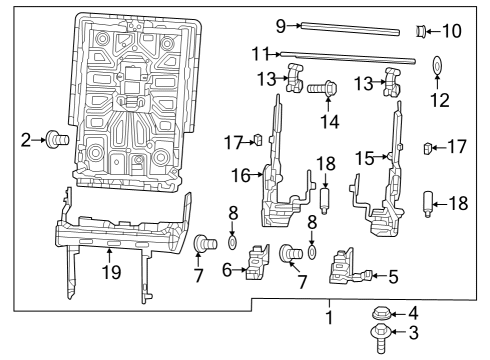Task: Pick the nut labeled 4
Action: tap(380, 313)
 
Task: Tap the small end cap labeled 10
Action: tap(421, 32)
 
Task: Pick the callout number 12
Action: tap(439, 100)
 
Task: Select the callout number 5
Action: tap(392, 275)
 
